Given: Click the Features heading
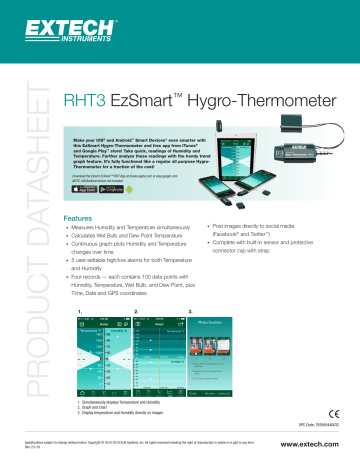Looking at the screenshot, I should [78, 217].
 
